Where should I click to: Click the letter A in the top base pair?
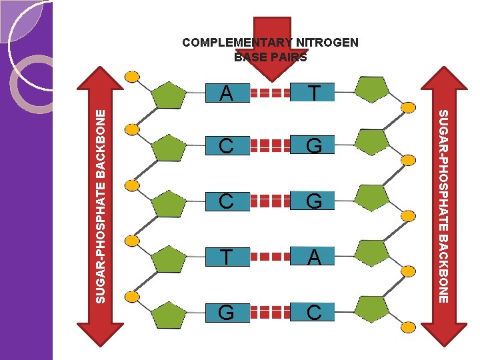(226, 92)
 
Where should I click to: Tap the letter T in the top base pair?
(314, 92)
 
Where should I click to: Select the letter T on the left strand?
(226, 257)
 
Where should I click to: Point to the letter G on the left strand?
(226, 312)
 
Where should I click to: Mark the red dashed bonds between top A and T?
(271, 93)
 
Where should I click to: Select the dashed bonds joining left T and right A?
(271, 257)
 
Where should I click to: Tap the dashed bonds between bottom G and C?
(271, 312)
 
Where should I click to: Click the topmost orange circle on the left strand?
(133, 76)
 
